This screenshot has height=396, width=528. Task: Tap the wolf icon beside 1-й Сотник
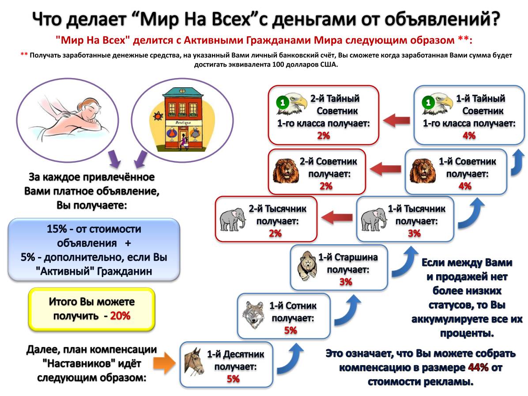[253, 314]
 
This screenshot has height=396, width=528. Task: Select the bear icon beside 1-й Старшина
[307, 266]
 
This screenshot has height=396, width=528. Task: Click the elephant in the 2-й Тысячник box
[233, 219]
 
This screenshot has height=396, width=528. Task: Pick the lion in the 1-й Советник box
[421, 171]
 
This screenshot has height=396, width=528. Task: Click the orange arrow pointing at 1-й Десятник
[164, 363]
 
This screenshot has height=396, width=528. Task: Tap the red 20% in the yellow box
[120, 316]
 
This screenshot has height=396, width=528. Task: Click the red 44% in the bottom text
[478, 367]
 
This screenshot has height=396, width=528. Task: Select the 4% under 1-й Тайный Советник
[469, 135]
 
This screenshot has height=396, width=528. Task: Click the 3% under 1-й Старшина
[346, 281]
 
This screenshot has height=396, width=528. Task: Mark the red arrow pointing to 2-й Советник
[386, 168]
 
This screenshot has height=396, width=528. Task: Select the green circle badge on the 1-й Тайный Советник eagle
[428, 102]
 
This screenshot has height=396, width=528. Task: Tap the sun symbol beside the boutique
[158, 116]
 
